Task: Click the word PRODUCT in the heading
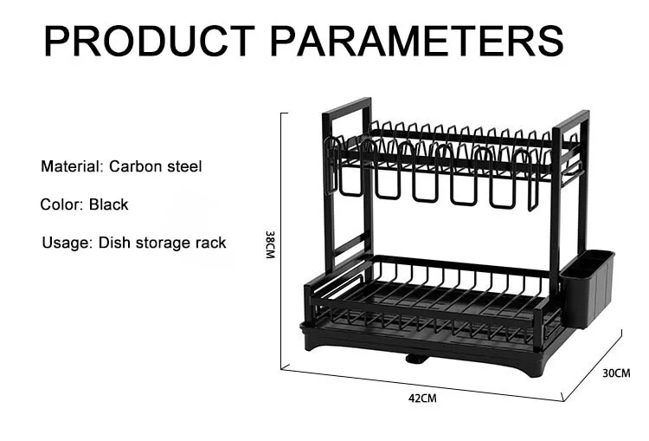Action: pyautogui.click(x=150, y=41)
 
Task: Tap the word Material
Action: pyautogui.click(x=70, y=165)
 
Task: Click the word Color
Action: pyautogui.click(x=61, y=204)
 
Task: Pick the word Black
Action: pyautogui.click(x=108, y=204)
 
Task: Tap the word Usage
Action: pyautogui.click(x=66, y=243)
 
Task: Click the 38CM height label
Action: pyautogui.click(x=269, y=245)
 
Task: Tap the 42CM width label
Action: pyautogui.click(x=423, y=398)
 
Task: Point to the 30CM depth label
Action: pyautogui.click(x=616, y=373)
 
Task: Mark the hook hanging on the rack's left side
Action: pyautogui.click(x=331, y=165)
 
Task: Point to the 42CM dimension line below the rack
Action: pyautogui.click(x=423, y=385)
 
